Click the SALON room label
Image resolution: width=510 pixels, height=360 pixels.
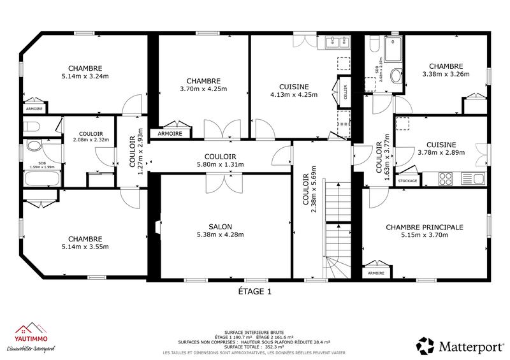220,226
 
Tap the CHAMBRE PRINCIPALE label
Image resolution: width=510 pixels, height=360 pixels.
425,227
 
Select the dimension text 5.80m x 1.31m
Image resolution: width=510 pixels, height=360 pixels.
221,164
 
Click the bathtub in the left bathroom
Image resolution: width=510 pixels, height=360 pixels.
42,178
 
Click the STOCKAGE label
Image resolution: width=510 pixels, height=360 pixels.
407,181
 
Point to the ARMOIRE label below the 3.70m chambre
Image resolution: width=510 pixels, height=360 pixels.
170,134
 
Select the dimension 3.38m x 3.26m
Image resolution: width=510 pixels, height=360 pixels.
446,74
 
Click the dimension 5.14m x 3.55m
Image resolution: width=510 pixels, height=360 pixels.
85,247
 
